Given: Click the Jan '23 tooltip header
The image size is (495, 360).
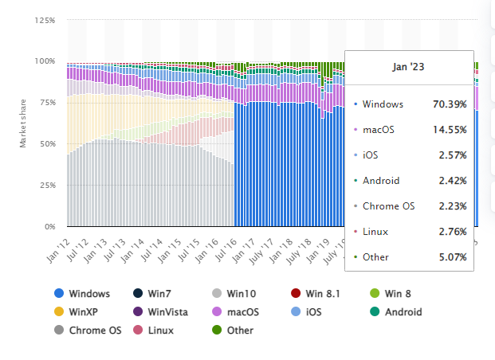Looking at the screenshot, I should pyautogui.click(x=409, y=68).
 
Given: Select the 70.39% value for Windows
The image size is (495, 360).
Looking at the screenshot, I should pyautogui.click(x=450, y=104).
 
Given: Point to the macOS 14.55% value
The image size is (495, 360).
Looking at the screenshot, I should pyautogui.click(x=450, y=129).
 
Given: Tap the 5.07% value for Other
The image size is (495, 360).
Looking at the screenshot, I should pyautogui.click(x=453, y=256).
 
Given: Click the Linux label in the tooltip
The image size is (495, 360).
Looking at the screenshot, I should pyautogui.click(x=375, y=231).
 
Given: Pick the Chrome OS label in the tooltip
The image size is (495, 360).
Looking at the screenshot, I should pyautogui.click(x=388, y=205).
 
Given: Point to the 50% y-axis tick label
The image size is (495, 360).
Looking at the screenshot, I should pyautogui.click(x=47, y=144).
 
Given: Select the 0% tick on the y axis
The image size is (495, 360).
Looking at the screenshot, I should pyautogui.click(x=49, y=227).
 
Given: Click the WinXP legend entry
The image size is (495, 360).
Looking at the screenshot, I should pyautogui.click(x=83, y=311).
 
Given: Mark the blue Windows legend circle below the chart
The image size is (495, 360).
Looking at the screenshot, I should pyautogui.click(x=59, y=294).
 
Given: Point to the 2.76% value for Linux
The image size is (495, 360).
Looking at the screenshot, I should pyautogui.click(x=453, y=231).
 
